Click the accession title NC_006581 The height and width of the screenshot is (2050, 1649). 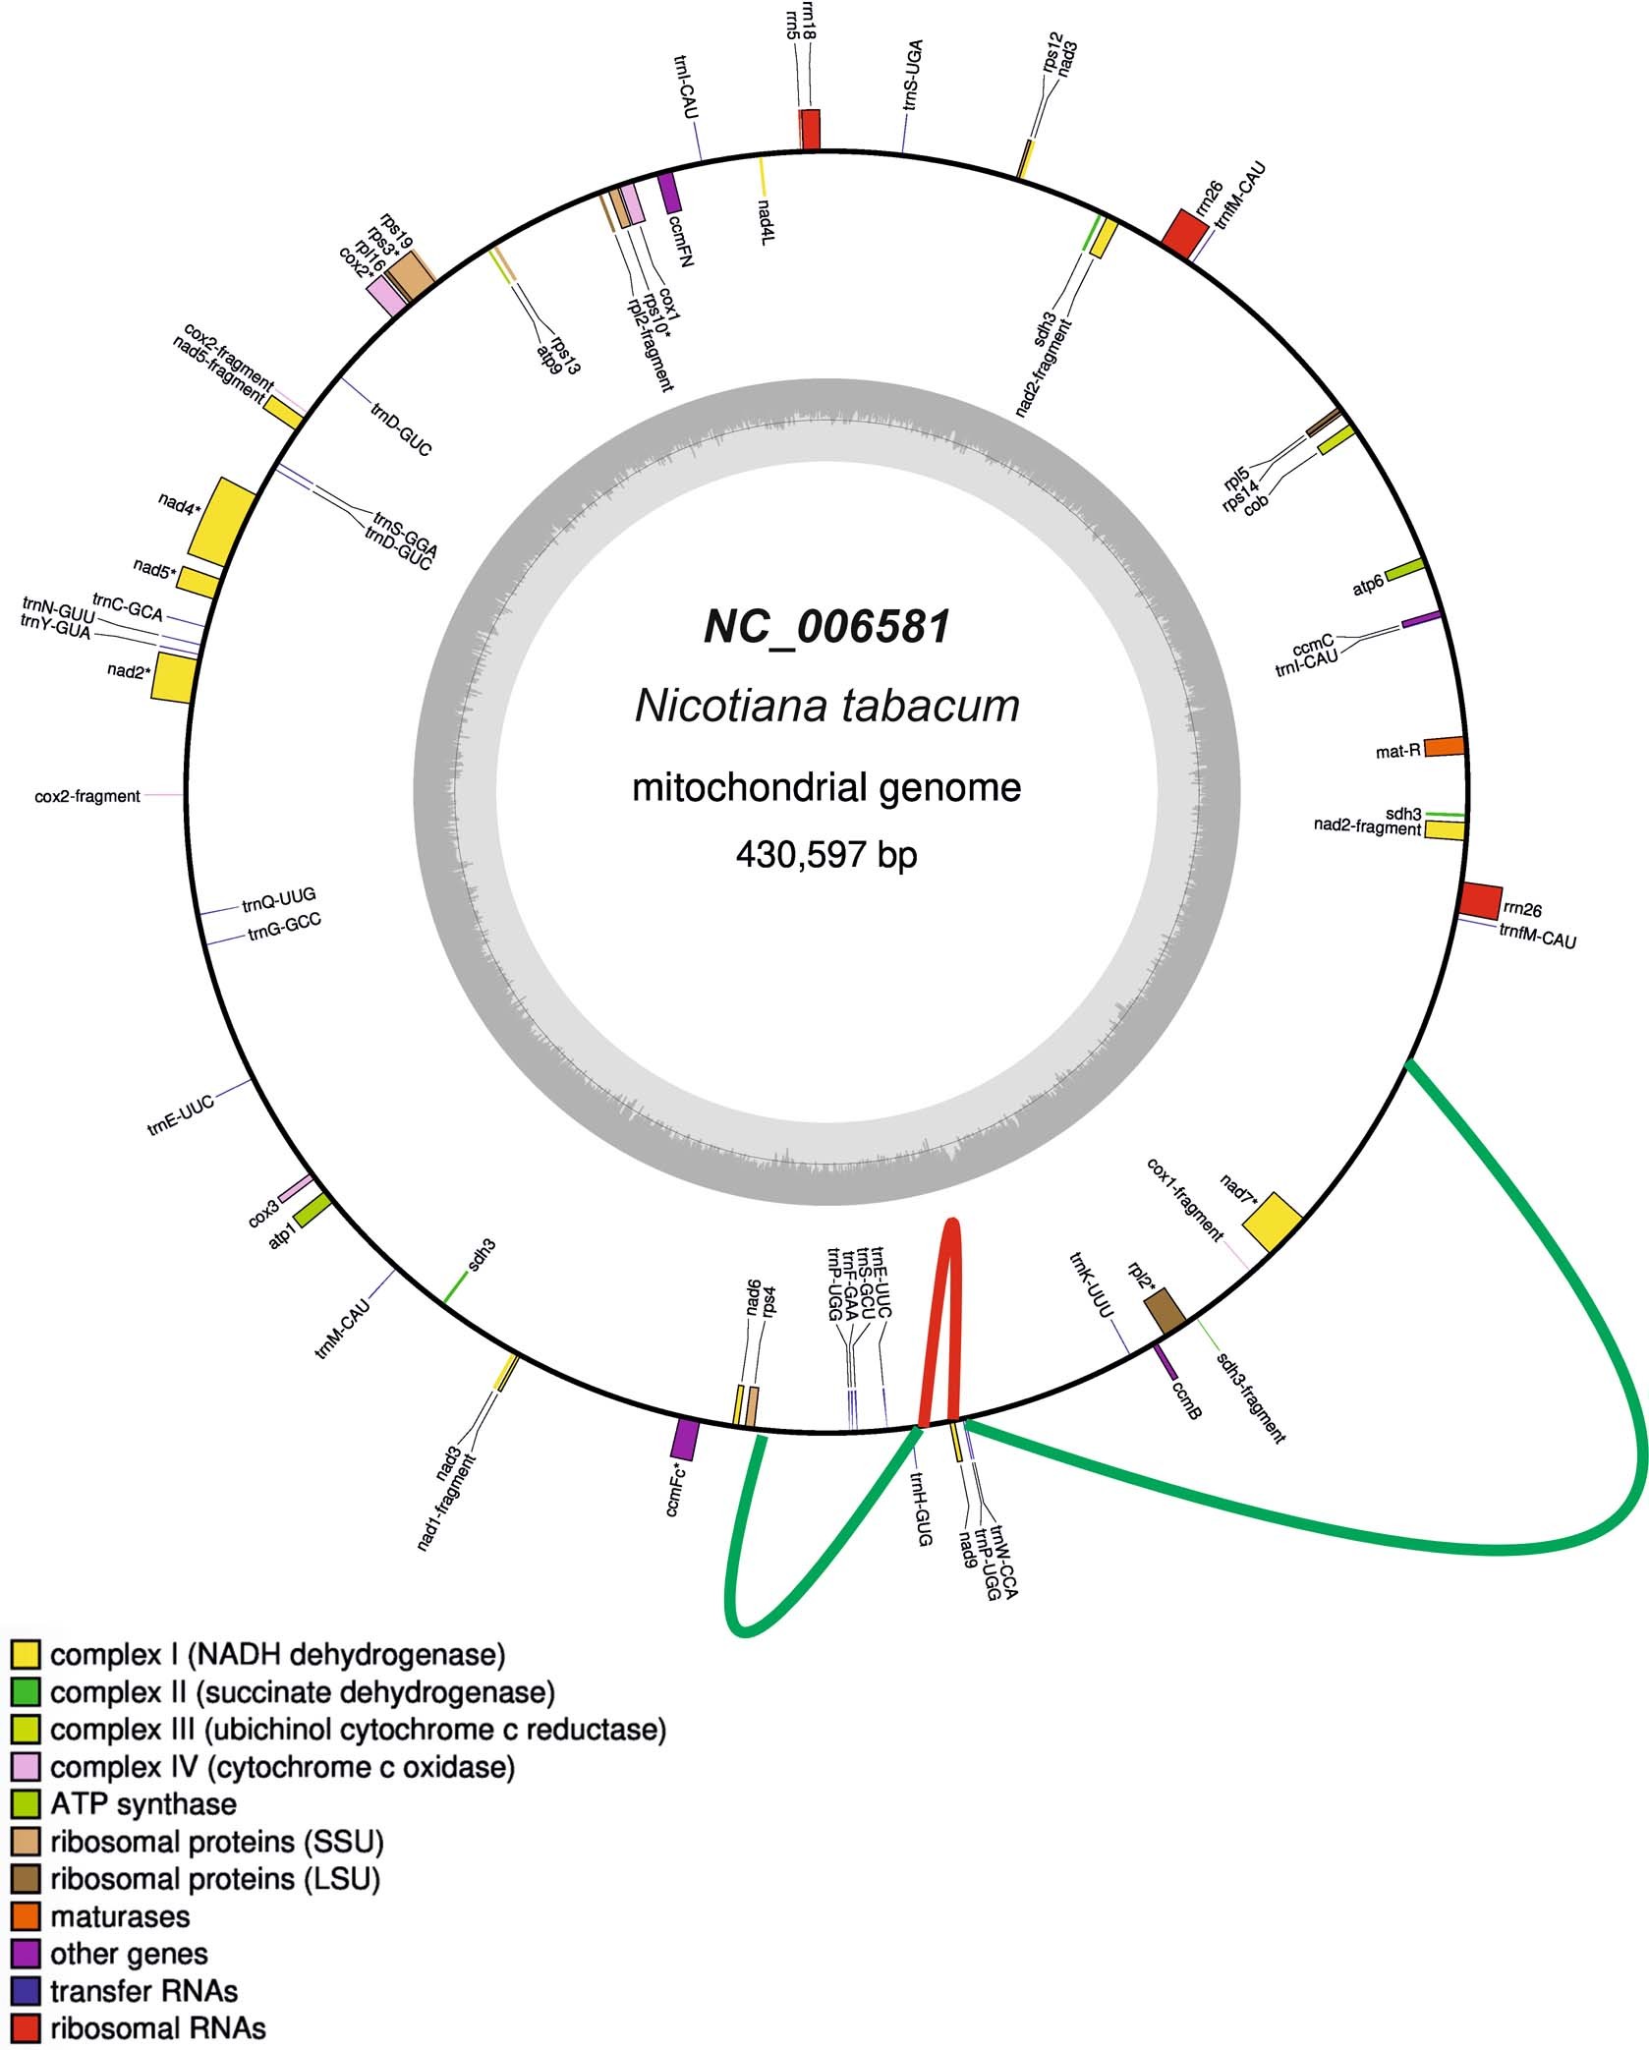coord(827,627)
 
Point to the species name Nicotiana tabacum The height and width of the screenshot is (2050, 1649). coord(827,707)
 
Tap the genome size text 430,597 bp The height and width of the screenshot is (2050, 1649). coord(826,855)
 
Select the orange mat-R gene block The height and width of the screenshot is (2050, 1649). coord(1444,747)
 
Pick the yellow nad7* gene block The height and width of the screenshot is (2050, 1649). coord(1274,1222)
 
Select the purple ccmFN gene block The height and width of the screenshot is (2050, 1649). coord(669,193)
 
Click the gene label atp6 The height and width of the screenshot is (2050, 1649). coord(1367,586)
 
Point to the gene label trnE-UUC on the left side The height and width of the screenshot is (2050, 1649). coord(181,1117)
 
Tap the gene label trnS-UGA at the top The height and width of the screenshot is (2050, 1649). coord(914,75)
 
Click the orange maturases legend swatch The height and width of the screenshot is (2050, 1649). coord(26,1915)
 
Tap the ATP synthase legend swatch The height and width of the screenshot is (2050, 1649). coord(26,1804)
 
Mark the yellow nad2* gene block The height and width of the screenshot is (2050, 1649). coord(174,676)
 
